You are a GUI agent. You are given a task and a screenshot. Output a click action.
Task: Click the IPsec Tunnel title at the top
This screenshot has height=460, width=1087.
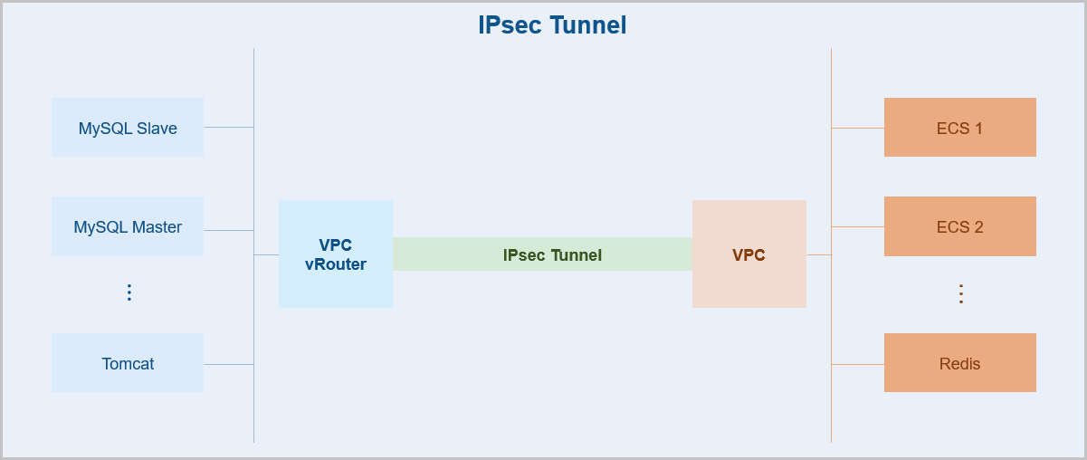coord(552,25)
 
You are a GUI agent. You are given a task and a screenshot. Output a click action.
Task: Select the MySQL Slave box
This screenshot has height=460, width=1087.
coord(128,128)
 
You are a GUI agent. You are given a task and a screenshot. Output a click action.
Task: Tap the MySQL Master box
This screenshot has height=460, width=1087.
coord(128,226)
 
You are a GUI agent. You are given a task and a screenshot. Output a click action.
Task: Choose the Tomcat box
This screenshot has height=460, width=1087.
coord(128,363)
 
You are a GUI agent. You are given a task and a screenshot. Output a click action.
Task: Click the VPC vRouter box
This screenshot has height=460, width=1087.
coord(336,254)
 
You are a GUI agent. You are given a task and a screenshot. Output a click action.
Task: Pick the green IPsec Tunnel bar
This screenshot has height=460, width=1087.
coord(543,254)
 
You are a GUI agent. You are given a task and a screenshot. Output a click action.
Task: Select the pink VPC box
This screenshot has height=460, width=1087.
coord(749,254)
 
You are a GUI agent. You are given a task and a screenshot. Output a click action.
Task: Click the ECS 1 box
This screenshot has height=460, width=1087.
coord(959,128)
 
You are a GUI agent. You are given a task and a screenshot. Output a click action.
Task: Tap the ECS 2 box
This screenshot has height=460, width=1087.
coord(959,226)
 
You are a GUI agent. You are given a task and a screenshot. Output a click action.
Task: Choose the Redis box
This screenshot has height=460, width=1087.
coord(959,363)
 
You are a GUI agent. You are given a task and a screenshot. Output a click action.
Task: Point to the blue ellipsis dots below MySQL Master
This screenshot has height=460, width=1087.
coord(129,292)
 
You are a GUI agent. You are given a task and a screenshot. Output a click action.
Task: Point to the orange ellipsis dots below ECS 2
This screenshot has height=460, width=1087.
coord(961,293)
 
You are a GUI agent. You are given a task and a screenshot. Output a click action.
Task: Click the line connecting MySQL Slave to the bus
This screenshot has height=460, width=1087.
coord(228,128)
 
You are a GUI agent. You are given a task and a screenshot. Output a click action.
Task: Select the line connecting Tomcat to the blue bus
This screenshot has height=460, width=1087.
coord(228,364)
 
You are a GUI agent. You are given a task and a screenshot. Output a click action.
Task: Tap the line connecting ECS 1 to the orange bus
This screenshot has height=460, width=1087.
coord(857,128)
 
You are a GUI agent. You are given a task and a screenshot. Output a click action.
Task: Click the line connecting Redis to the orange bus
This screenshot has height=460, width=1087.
coord(857,364)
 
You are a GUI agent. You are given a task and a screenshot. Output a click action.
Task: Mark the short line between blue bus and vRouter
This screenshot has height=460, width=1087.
coord(266,254)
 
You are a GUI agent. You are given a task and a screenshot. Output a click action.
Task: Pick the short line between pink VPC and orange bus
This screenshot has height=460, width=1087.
coord(818,254)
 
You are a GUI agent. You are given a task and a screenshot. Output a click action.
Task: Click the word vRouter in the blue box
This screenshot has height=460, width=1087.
coord(336,264)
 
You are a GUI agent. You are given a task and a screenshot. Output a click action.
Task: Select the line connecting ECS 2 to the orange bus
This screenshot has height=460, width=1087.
coord(857,226)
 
